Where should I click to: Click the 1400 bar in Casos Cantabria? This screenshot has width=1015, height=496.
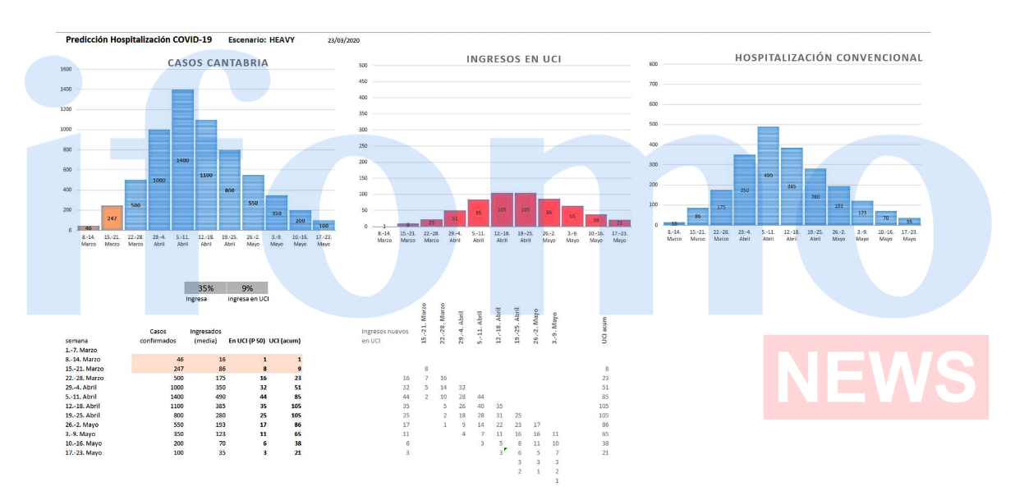pyautogui.click(x=182, y=160)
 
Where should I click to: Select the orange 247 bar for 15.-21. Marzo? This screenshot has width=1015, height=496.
pyautogui.click(x=112, y=218)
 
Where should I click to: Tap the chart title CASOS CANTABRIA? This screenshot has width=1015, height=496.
pyautogui.click(x=218, y=62)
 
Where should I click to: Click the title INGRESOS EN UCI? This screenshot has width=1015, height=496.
pyautogui.click(x=513, y=59)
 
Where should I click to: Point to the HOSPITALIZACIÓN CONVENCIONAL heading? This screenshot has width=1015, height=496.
pyautogui.click(x=828, y=57)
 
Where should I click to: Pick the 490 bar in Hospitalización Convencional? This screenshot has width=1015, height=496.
pyautogui.click(x=768, y=175)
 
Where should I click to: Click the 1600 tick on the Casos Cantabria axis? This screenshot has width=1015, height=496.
pyautogui.click(x=66, y=69)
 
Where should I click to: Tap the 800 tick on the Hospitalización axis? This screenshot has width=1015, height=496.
pyautogui.click(x=653, y=64)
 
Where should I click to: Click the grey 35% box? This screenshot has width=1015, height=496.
pyautogui.click(x=205, y=288)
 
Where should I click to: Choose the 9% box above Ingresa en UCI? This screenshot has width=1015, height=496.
pyautogui.click(x=247, y=288)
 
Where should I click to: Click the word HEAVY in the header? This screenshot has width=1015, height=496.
pyautogui.click(x=282, y=39)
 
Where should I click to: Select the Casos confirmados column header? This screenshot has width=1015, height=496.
pyautogui.click(x=158, y=335)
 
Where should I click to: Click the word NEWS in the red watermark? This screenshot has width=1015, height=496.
pyautogui.click(x=875, y=377)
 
